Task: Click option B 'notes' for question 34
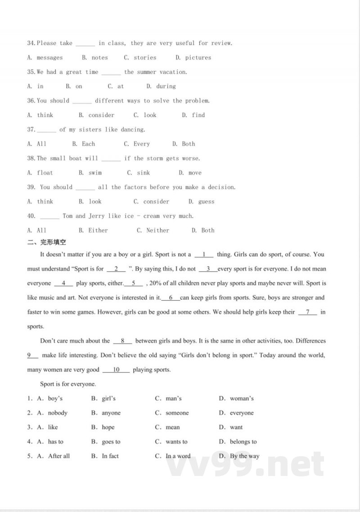point(99,58)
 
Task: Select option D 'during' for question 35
point(166,86)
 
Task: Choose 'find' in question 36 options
point(198,115)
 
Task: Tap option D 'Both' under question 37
point(188,144)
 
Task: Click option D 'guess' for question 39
point(206,202)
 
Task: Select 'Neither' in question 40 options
point(157,231)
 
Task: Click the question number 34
point(31,43)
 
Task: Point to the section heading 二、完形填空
point(47,242)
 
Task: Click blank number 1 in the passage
point(204,254)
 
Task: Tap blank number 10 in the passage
point(116,370)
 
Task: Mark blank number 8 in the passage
point(122,341)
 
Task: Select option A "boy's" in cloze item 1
point(55,399)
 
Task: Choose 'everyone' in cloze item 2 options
point(242,413)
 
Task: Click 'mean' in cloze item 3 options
point(172,427)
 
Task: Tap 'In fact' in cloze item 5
point(110,456)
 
